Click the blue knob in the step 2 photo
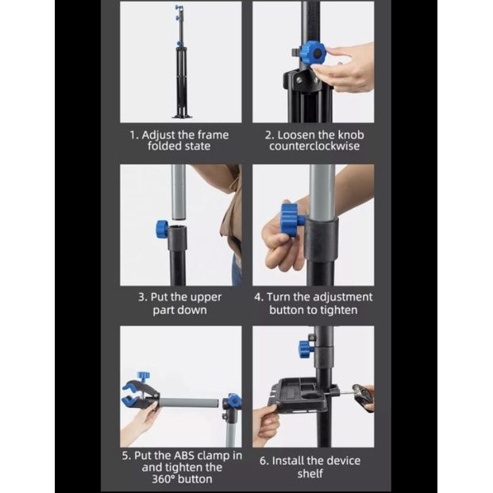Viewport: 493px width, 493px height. tap(312, 53)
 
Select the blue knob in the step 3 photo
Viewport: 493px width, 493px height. tap(163, 229)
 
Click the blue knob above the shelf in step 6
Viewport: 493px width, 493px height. tap(306, 349)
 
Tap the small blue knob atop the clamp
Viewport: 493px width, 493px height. tap(144, 376)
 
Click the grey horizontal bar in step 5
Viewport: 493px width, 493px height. tap(189, 402)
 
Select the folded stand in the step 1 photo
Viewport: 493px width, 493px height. tap(182, 62)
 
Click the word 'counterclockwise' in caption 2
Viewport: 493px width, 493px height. tap(314, 146)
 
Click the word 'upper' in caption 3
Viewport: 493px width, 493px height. tap(206, 298)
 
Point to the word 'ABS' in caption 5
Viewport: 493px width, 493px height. tap(185, 456)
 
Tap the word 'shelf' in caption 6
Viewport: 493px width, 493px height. tap(310, 473)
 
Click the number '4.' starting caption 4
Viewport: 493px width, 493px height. tap(259, 297)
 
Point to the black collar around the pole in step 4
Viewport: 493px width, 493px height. tap(322, 240)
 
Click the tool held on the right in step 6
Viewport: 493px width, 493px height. tap(361, 396)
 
